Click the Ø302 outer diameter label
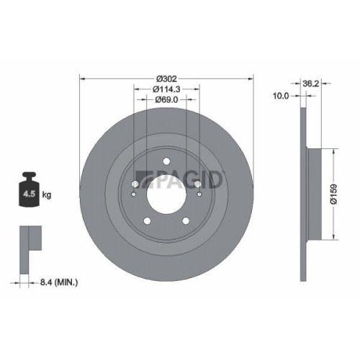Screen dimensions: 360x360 [166, 78]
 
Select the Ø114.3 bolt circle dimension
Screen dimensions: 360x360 [166, 89]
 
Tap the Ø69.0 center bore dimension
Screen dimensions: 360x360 [166, 101]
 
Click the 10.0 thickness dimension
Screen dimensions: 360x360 [282, 95]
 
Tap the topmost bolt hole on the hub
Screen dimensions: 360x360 [166, 162]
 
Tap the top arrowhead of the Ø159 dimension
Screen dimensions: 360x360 [336, 153]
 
